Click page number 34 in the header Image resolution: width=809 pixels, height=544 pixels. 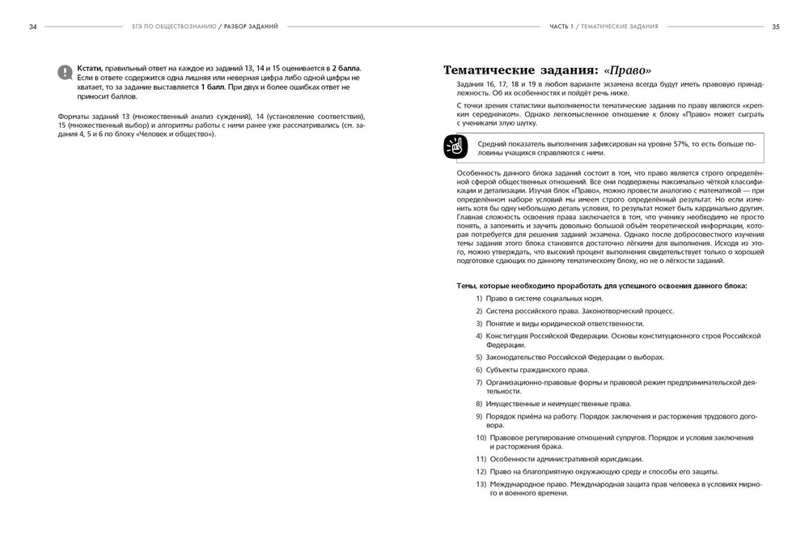tap(32, 27)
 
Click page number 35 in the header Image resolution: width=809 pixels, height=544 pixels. tap(775, 27)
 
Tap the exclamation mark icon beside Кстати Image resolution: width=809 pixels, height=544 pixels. tap(65, 72)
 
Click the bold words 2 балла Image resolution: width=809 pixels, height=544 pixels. tap(345, 68)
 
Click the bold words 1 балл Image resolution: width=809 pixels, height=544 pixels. tap(214, 86)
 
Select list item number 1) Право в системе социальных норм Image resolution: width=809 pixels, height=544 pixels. tap(538, 298)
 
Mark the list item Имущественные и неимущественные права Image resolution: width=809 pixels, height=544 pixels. tap(558, 403)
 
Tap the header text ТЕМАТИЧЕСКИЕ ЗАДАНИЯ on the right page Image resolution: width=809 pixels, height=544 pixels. tap(619, 27)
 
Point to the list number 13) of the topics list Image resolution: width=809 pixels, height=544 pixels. tap(481, 483)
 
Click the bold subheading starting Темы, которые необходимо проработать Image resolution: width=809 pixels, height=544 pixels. tap(601, 285)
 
